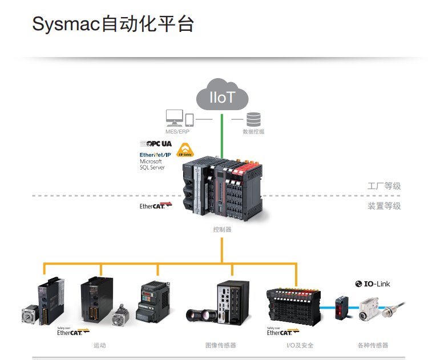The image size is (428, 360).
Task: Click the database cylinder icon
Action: pos(253,119)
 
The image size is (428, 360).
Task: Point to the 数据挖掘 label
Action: pos(253,132)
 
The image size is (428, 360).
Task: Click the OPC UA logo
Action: pos(156,143)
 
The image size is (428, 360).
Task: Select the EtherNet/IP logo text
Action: pos(155,155)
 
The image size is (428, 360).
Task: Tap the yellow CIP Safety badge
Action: pos(184,151)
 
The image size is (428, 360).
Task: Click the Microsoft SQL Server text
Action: pos(152,165)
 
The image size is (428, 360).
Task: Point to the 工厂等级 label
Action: pos(384,187)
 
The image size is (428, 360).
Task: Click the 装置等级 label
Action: pos(384,206)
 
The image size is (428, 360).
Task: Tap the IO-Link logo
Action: pos(373,284)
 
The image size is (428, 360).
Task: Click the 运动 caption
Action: pos(100,345)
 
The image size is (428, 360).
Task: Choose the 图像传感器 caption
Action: pos(220,345)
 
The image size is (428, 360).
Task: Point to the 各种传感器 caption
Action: pos(372,345)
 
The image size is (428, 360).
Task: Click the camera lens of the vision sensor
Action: pos(197,314)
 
